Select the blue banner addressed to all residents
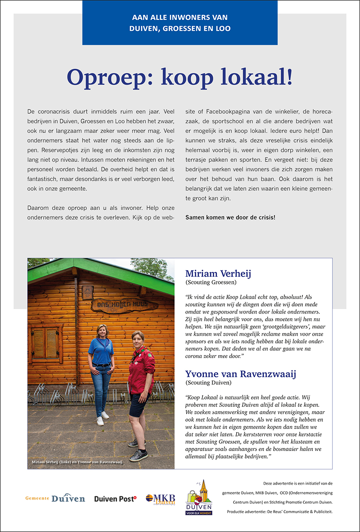click(x=180, y=23)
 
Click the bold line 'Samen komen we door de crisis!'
click(x=230, y=217)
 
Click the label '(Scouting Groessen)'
click(x=211, y=282)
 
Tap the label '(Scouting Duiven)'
click(x=207, y=383)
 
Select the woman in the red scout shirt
click(x=140, y=387)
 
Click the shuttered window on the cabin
click(x=45, y=343)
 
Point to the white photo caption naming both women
click(x=77, y=462)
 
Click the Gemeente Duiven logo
click(x=55, y=498)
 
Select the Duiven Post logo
click(x=115, y=498)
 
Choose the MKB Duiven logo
click(x=160, y=499)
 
